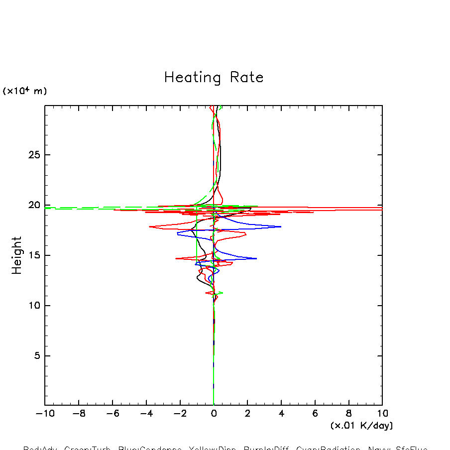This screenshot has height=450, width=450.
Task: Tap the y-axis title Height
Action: coord(17,255)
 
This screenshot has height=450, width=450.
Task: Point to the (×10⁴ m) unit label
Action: coord(25,91)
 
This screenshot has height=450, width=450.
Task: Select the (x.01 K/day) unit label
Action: coord(361,426)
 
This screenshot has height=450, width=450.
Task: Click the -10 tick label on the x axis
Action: coord(42,414)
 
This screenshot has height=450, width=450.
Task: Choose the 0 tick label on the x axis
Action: coord(214,414)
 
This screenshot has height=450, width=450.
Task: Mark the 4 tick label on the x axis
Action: coord(281,414)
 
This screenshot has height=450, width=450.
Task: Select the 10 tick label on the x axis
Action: coord(382,414)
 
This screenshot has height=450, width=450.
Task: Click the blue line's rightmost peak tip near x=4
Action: coord(281,226)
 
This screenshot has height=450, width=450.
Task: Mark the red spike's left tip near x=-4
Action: coord(149,227)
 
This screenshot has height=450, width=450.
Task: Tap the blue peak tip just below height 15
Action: coord(256,258)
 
